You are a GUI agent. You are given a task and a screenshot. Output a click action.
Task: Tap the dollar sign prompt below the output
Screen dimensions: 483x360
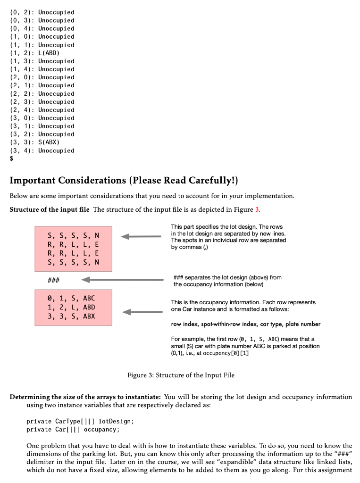(x=12, y=159)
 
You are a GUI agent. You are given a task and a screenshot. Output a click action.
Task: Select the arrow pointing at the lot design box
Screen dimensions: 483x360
(x=142, y=237)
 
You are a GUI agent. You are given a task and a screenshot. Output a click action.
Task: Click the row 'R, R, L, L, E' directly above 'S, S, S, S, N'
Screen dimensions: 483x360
(x=73, y=255)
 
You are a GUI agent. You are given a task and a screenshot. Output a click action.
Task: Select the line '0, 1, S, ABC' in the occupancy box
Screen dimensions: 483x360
(x=71, y=298)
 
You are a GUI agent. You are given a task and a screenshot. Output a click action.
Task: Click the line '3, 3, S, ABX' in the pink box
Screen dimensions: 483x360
(x=71, y=316)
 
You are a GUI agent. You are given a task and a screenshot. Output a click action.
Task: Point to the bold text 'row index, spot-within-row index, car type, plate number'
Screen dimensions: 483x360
(x=245, y=324)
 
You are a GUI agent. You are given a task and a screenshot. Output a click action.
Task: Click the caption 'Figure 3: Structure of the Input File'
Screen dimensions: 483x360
(x=181, y=375)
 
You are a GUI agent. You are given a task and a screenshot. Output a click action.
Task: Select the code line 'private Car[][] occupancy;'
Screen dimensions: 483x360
(x=73, y=429)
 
